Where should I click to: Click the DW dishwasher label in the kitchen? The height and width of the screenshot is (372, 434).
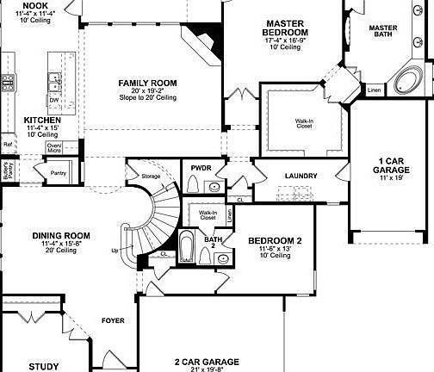tap(53, 100)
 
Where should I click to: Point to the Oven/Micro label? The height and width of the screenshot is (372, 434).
tap(54, 147)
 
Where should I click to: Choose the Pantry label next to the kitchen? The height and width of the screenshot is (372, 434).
tap(58, 173)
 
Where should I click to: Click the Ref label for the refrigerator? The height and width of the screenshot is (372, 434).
tap(7, 145)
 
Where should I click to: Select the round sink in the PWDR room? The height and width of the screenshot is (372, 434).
tap(213, 186)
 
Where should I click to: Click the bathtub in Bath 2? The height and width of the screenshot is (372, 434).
tap(187, 250)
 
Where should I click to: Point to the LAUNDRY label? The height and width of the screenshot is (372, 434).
tap(301, 177)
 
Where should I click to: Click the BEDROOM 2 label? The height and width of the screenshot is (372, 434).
tap(276, 240)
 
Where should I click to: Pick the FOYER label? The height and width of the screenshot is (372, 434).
tap(113, 320)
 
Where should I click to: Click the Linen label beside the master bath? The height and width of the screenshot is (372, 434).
tap(374, 89)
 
